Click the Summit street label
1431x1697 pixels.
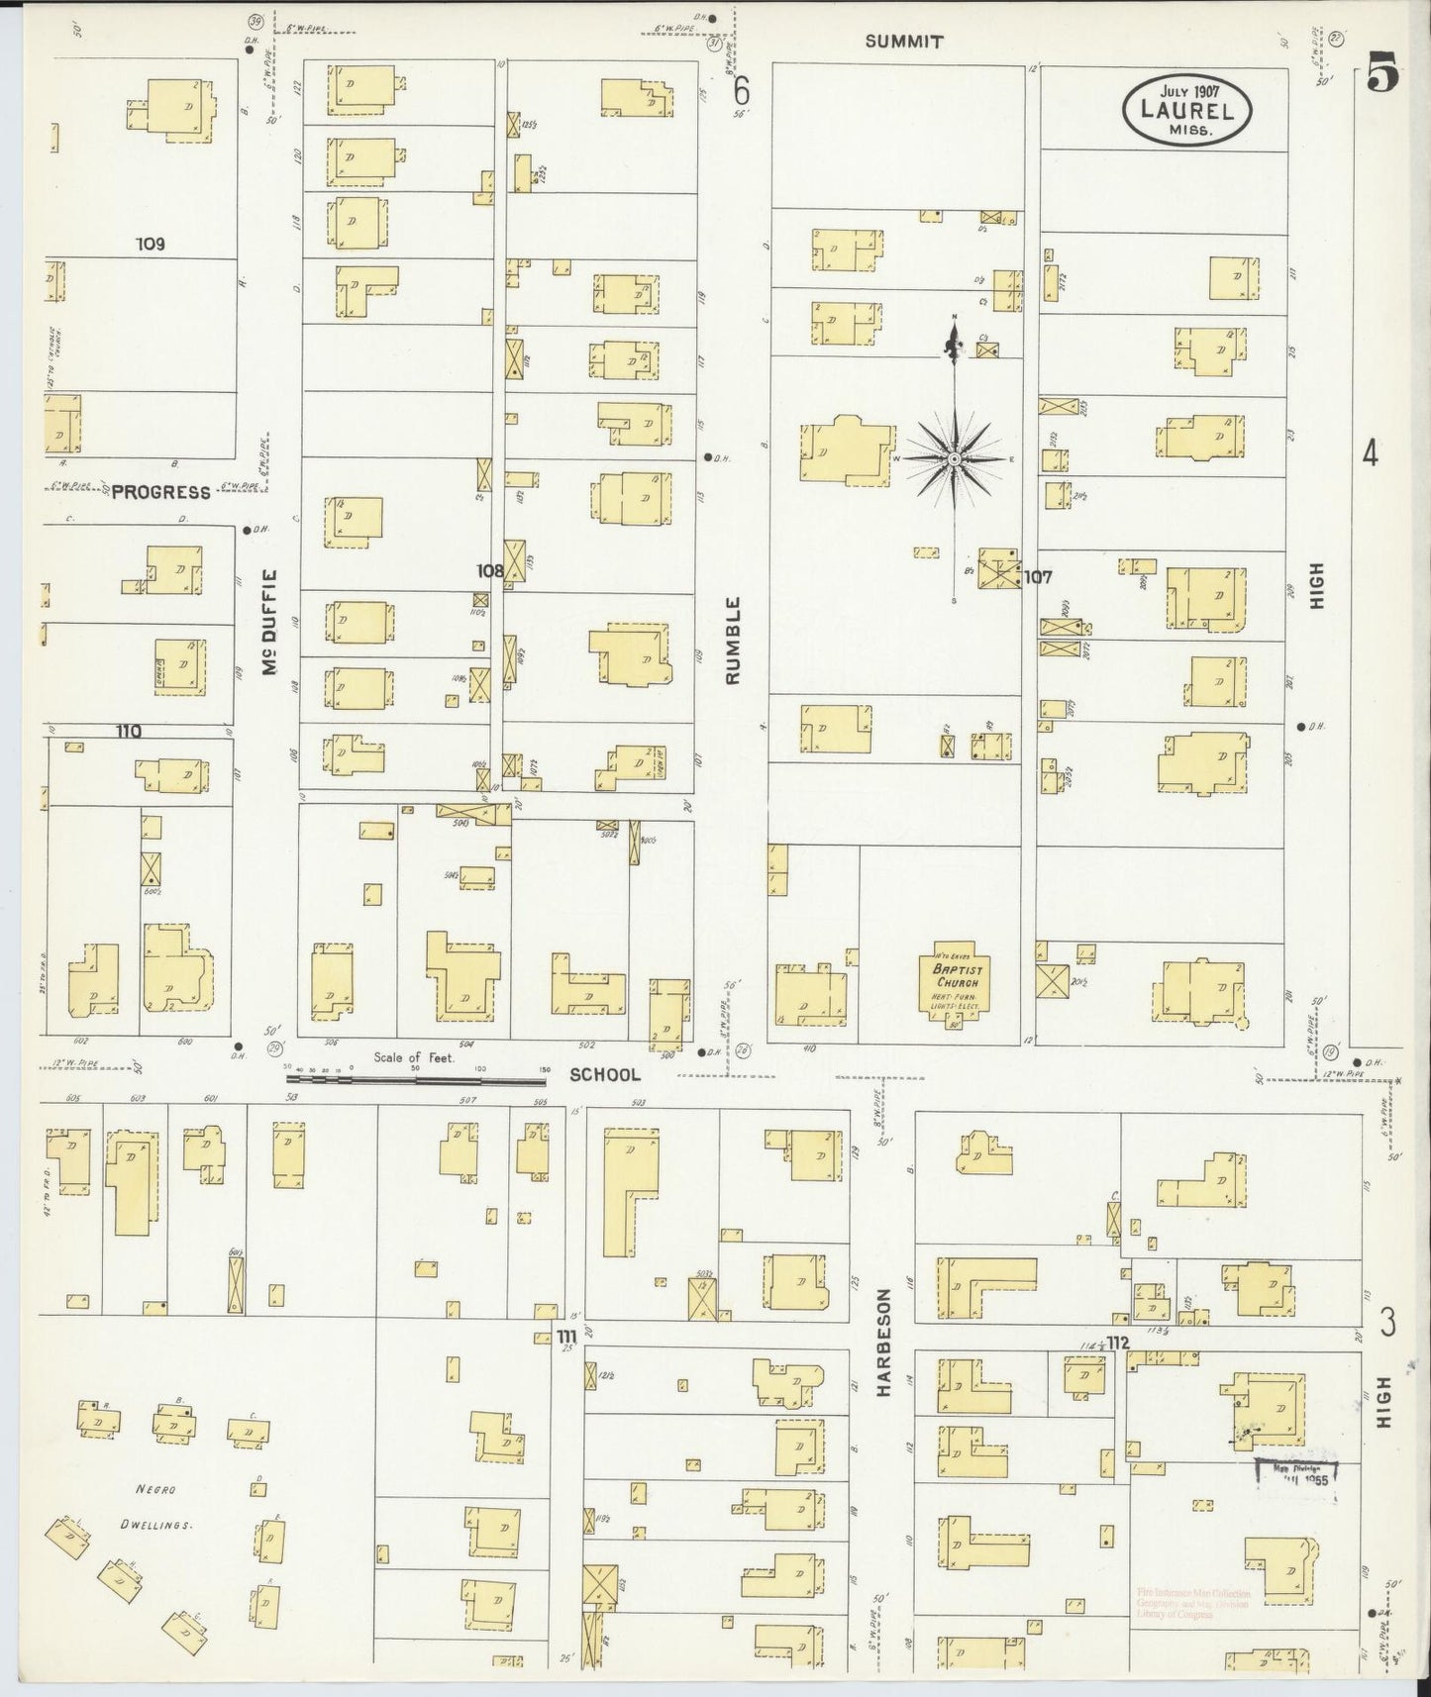(903, 42)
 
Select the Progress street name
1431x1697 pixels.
(160, 492)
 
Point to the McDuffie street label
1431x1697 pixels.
(269, 624)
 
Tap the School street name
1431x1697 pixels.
(605, 1074)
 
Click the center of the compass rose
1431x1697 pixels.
(954, 459)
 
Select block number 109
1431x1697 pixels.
(151, 244)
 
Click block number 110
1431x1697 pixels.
(128, 732)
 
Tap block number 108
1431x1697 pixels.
(490, 571)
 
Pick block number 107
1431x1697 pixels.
(1037, 576)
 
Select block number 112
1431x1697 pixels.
(1119, 1343)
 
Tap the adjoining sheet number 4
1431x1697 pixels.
(1370, 453)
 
